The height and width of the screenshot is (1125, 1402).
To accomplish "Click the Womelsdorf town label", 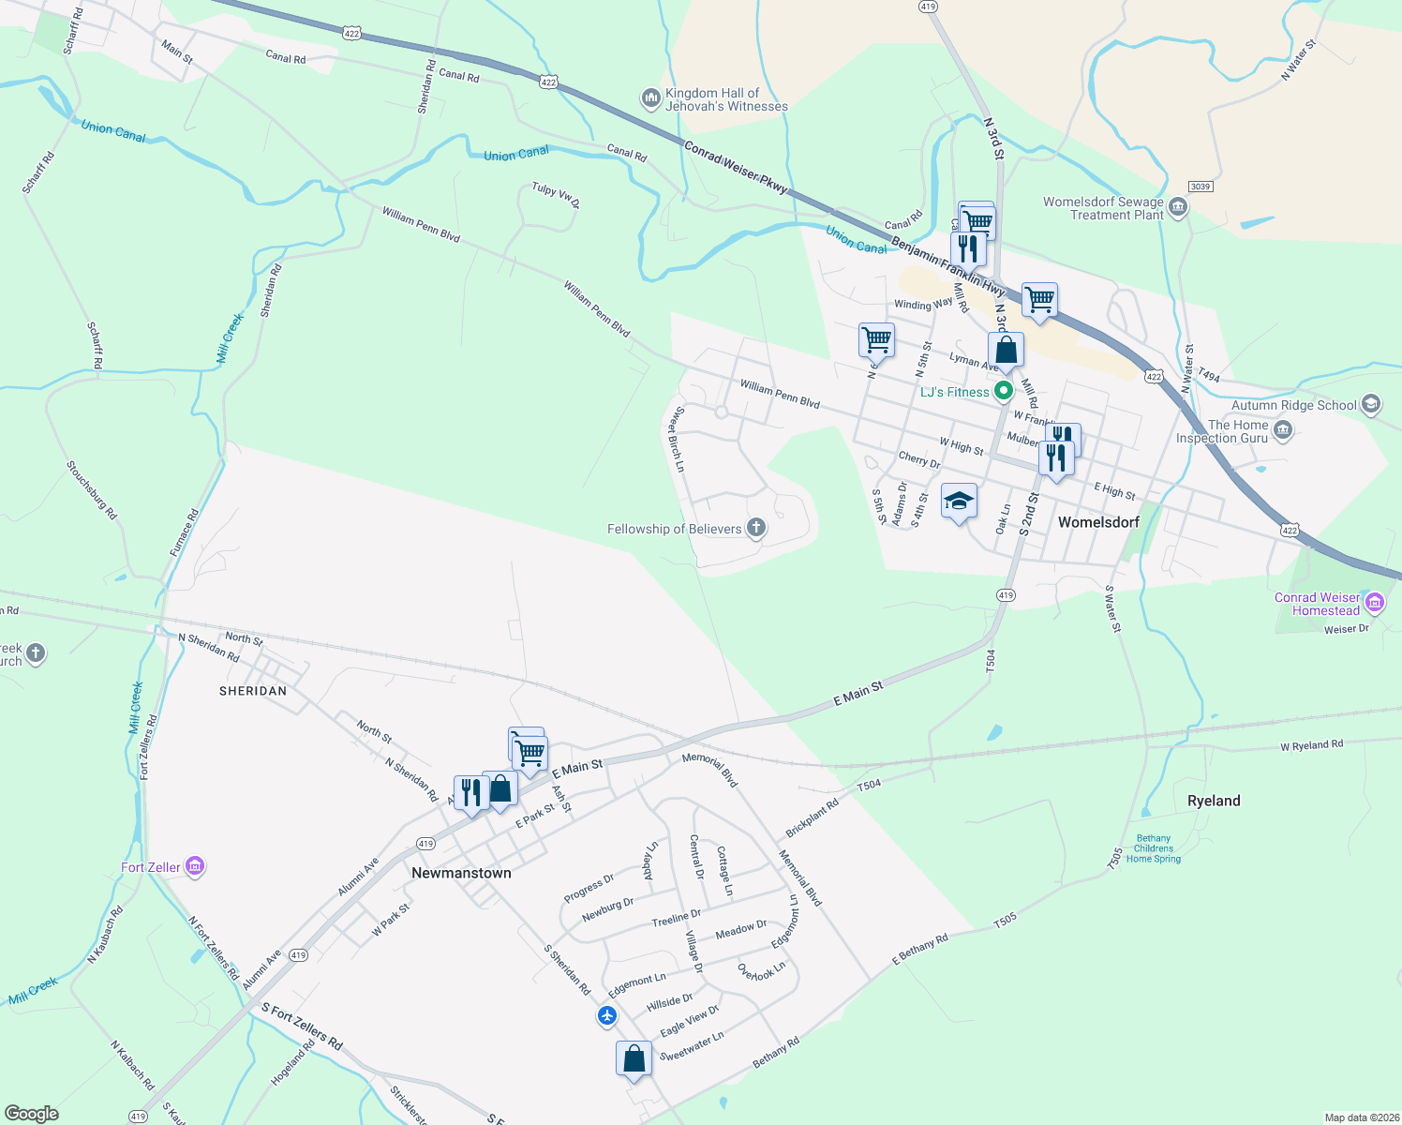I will pyautogui.click(x=1097, y=522).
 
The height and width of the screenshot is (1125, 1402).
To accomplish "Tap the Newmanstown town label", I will pyautogui.click(x=461, y=873).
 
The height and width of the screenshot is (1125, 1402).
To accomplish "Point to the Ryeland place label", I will pyautogui.click(x=1213, y=801).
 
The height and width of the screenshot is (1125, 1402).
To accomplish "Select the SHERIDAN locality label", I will pyautogui.click(x=252, y=691).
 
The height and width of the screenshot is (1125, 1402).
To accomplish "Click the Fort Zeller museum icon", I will pyautogui.click(x=195, y=866).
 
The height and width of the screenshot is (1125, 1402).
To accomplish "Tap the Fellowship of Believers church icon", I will pyautogui.click(x=755, y=529).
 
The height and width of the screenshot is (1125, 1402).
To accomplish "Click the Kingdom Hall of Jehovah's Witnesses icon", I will pyautogui.click(x=650, y=98).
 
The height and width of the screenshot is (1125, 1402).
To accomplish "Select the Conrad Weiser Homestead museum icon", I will pyautogui.click(x=1375, y=603).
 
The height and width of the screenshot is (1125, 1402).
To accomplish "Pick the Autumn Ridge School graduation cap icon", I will pyautogui.click(x=1371, y=405).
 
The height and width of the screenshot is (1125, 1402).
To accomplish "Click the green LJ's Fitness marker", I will pyautogui.click(x=1004, y=391).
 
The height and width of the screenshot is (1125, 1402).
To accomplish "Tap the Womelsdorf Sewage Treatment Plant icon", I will pyautogui.click(x=1178, y=207).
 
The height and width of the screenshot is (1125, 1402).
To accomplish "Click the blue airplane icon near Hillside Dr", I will pyautogui.click(x=607, y=1015).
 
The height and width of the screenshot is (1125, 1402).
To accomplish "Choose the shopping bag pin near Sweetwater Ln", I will pyautogui.click(x=634, y=1058).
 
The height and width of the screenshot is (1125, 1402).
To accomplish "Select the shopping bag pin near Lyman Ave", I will pyautogui.click(x=1006, y=351).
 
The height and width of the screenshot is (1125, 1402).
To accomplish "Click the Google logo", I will pyautogui.click(x=31, y=1113).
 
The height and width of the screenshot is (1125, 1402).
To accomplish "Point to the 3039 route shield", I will pyautogui.click(x=1201, y=187).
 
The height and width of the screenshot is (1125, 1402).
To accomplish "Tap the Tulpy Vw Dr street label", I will pyautogui.click(x=556, y=195).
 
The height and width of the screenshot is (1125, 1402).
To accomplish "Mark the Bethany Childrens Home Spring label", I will pyautogui.click(x=1153, y=848).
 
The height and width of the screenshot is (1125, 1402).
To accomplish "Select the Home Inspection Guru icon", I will pyautogui.click(x=1283, y=430).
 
